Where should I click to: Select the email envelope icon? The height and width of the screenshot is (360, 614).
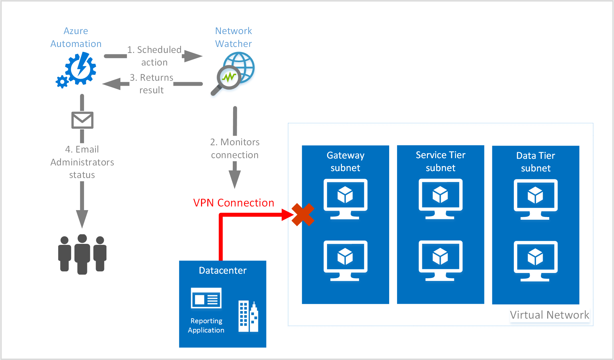(x=82, y=120)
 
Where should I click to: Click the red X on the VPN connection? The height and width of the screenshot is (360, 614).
(x=303, y=215)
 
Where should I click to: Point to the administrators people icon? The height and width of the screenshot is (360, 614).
(x=82, y=254)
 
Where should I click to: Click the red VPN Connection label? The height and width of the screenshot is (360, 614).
(x=233, y=203)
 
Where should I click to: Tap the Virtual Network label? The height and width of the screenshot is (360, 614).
(x=549, y=315)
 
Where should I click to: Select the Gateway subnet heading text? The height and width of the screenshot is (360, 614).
(x=346, y=161)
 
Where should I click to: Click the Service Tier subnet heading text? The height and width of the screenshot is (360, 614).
(x=440, y=161)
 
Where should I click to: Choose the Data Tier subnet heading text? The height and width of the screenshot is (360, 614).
(x=536, y=162)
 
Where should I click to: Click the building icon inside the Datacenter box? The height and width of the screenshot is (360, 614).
(x=248, y=316)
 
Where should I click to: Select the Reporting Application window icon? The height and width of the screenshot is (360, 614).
(x=206, y=298)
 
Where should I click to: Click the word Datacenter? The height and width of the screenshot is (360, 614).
(x=223, y=271)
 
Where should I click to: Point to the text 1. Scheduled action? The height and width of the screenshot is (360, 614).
(x=154, y=56)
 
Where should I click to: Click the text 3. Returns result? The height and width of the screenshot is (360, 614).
(x=152, y=84)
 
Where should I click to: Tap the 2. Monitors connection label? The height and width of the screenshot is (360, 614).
(x=235, y=149)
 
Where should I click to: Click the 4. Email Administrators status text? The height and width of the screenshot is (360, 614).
(x=82, y=162)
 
